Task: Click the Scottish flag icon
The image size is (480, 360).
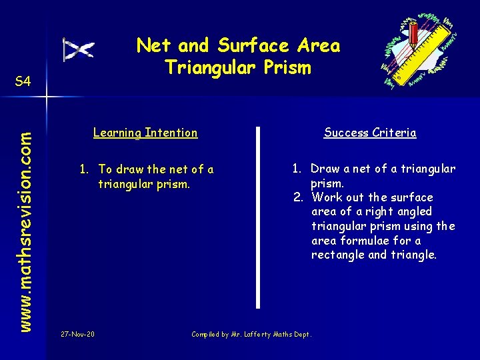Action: click(78, 50)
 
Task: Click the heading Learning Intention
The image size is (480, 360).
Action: click(145, 133)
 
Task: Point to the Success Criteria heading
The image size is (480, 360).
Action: click(370, 133)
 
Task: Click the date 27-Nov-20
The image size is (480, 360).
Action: click(77, 334)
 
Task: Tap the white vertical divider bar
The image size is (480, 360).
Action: click(258, 217)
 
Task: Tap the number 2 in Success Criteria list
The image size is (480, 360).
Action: click(298, 197)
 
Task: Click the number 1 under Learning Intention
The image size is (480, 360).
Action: click(84, 169)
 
